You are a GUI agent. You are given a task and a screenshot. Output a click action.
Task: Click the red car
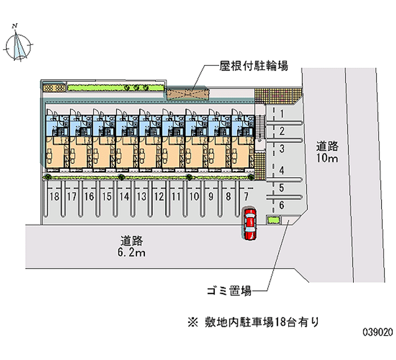pyautogui.click(x=250, y=224)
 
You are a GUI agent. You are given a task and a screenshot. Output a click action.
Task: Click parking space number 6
pyautogui.click(x=282, y=205)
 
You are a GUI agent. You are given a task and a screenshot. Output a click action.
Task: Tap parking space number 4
pyautogui.click(x=282, y=170)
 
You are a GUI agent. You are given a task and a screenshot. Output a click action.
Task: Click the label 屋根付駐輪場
pyautogui.click(x=253, y=66)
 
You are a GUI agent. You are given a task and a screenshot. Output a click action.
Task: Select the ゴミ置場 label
pyautogui.click(x=229, y=291)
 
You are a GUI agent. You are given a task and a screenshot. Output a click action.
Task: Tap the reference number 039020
pyautogui.click(x=378, y=332)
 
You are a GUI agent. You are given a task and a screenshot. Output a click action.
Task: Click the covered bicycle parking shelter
pyautogui.click(x=188, y=94)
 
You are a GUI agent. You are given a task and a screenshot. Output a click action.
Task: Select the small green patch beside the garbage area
pyautogui.click(x=274, y=220)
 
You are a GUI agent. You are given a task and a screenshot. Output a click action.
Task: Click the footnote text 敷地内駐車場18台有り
pyautogui.click(x=262, y=322)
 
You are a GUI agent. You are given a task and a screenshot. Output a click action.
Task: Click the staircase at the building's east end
pyautogui.click(x=260, y=128)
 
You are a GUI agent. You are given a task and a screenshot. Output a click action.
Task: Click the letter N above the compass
pyautogui.click(x=15, y=26)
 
